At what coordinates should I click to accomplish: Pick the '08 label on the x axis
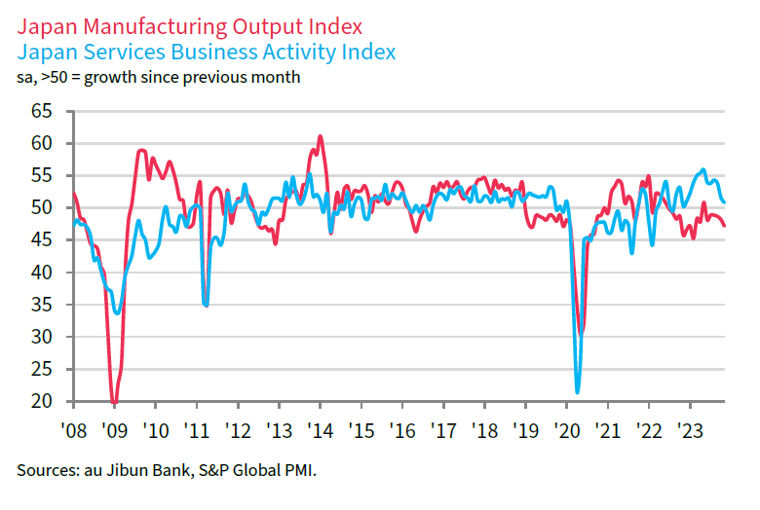pyautogui.click(x=73, y=430)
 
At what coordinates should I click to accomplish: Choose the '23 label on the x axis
pyautogui.click(x=691, y=430)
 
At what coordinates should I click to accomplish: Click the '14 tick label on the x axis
pyautogui.click(x=320, y=430)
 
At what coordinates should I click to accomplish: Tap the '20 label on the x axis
pyautogui.click(x=567, y=430)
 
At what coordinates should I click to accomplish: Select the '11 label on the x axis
pyautogui.click(x=197, y=430)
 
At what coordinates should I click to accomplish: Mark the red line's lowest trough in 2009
pyautogui.click(x=114, y=402)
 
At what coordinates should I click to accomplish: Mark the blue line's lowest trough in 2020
pyautogui.click(x=578, y=392)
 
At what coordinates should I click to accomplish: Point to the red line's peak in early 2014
pyautogui.click(x=320, y=136)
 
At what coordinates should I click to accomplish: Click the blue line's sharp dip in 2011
pyautogui.click(x=206, y=306)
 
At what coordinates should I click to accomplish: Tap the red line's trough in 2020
pyautogui.click(x=582, y=334)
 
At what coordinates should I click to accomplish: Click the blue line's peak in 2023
pyautogui.click(x=703, y=170)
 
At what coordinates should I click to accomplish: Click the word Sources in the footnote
pyautogui.click(x=43, y=470)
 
